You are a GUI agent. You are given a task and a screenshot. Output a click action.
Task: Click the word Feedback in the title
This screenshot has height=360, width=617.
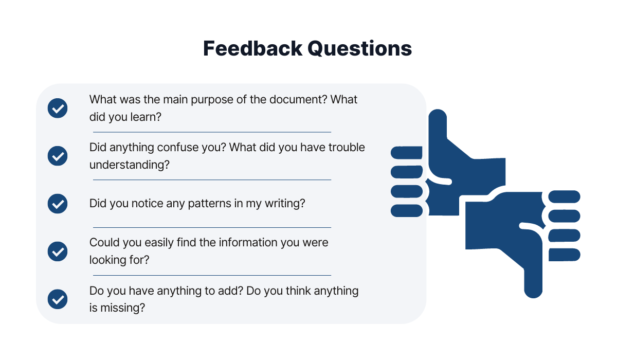(252, 48)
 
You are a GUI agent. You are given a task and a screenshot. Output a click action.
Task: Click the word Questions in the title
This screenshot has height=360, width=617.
(360, 49)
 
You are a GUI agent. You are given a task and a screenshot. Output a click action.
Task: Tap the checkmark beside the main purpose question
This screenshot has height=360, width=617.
(58, 108)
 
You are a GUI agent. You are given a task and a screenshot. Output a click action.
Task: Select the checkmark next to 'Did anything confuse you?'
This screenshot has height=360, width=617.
(58, 156)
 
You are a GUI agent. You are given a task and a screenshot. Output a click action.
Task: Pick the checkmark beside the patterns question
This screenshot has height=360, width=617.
(58, 204)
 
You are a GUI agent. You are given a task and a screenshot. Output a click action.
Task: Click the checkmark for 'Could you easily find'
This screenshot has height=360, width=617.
(58, 251)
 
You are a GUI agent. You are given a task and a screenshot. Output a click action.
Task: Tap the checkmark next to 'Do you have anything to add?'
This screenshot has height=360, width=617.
(58, 299)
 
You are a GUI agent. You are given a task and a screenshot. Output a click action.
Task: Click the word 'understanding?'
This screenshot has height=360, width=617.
(130, 165)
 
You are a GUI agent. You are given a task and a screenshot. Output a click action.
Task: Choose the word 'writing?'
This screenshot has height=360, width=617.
(285, 204)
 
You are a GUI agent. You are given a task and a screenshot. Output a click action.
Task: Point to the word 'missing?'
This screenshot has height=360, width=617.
(122, 308)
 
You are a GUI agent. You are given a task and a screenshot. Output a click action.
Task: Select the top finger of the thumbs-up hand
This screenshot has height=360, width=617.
(407, 153)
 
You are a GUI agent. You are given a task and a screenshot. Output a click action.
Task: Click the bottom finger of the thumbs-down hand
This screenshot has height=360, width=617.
(565, 255)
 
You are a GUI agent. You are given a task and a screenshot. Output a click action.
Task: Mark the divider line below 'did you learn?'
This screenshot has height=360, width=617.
(212, 132)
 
